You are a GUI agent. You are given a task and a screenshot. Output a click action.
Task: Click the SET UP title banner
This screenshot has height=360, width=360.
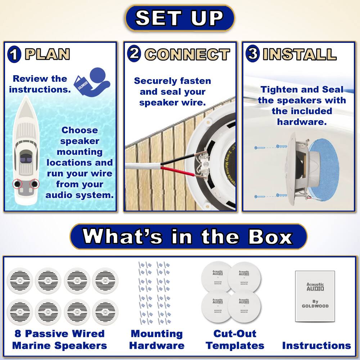pyautogui.click(x=180, y=18)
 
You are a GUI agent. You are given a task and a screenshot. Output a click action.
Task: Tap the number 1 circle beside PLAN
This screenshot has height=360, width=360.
pyautogui.click(x=14, y=54)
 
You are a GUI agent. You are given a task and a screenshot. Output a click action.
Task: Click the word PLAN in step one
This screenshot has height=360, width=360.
pyautogui.click(x=47, y=54)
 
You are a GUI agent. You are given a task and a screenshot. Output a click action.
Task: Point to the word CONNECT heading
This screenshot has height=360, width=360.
pyautogui.click(x=187, y=54)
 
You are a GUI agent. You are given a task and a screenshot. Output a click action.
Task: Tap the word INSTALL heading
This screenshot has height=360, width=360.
pyautogui.click(x=300, y=54)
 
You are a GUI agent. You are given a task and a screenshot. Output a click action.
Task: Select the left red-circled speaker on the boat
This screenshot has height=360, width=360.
pyautogui.click(x=17, y=184)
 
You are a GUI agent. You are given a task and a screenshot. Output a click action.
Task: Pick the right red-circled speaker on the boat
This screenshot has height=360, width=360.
pyautogui.click(x=35, y=184)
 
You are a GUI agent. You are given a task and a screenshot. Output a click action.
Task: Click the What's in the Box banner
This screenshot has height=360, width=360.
pyautogui.click(x=188, y=237)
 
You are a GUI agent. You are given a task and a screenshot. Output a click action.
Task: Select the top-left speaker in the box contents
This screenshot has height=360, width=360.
pyautogui.click(x=19, y=281)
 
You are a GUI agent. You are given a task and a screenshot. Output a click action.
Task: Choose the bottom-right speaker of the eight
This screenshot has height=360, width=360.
pyautogui.click(x=105, y=312)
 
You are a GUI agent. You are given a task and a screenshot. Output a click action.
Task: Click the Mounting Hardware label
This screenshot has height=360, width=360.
pyautogui.click(x=157, y=339)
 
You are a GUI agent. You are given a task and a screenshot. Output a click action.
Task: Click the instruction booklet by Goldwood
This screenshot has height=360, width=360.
pyautogui.click(x=315, y=296)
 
